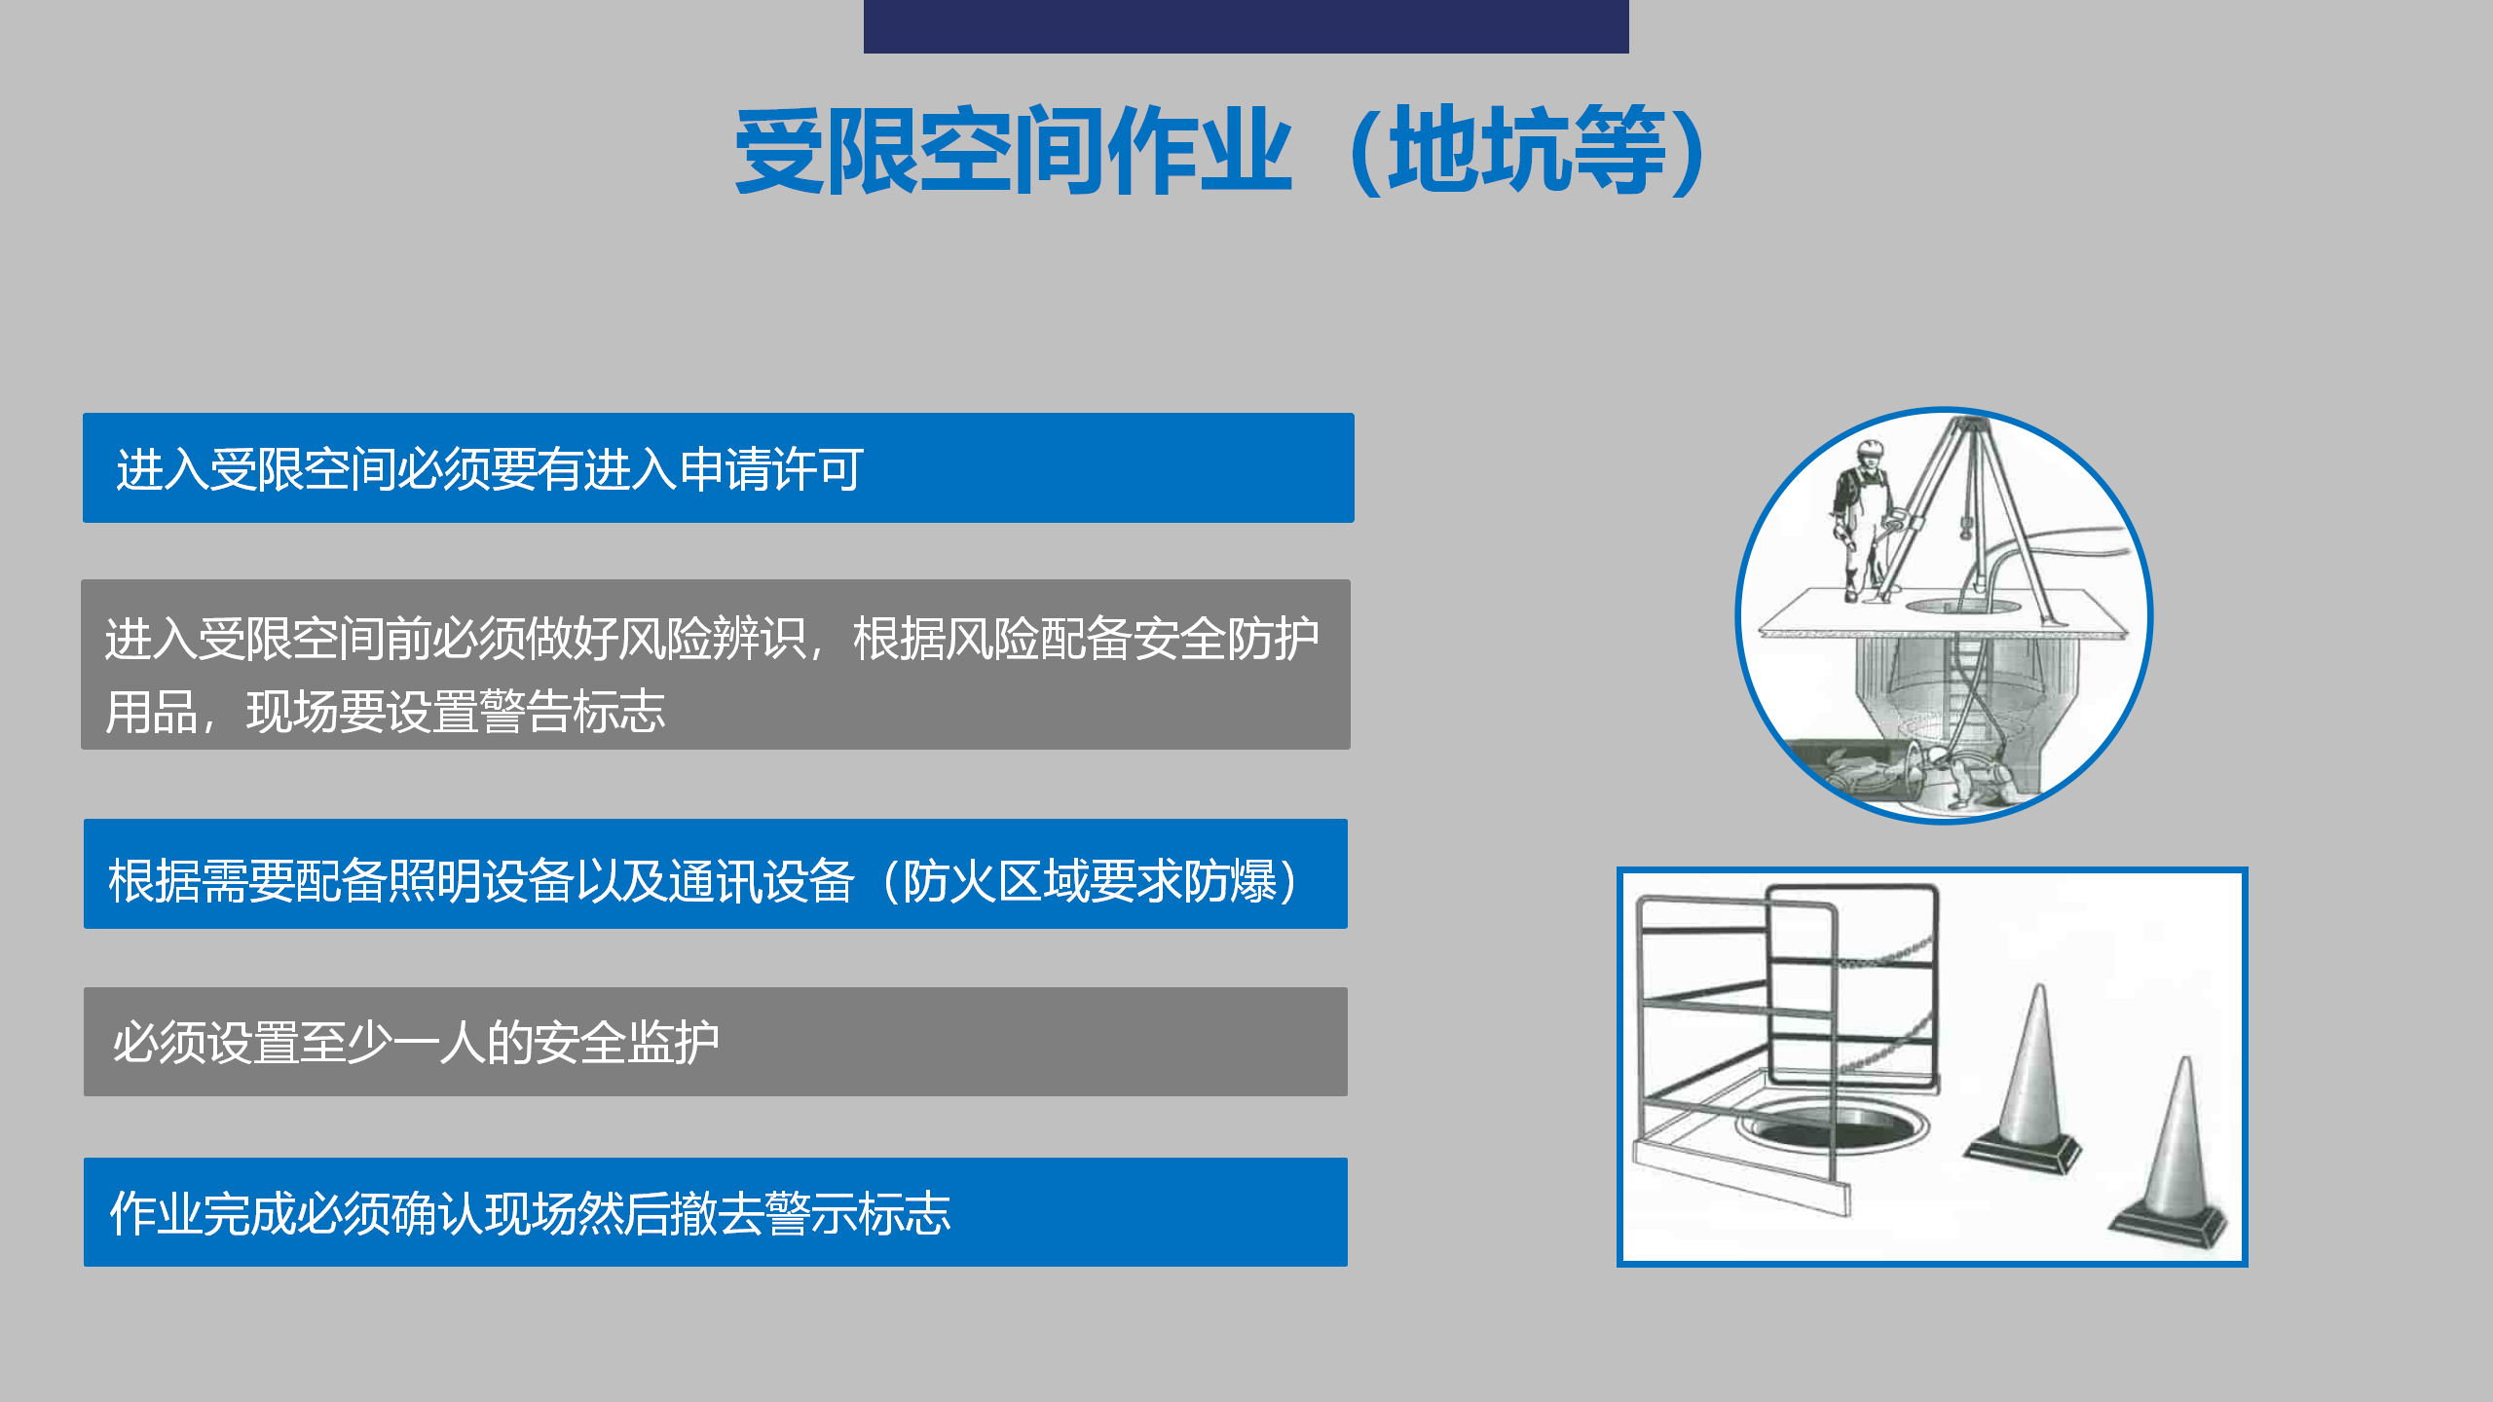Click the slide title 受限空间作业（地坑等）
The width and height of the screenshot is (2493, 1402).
1219,150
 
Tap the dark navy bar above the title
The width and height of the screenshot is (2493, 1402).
1246,26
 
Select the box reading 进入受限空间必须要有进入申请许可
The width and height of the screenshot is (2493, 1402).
719,468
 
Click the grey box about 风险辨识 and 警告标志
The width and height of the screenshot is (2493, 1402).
716,665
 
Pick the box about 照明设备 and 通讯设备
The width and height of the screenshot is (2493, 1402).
716,874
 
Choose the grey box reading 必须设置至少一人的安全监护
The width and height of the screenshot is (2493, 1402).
716,1042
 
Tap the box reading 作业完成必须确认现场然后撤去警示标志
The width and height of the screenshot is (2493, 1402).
716,1212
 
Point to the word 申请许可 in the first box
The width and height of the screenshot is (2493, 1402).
771,469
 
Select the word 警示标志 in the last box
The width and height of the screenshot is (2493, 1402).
858,1213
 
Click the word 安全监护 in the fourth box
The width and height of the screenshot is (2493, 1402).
626,1043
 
